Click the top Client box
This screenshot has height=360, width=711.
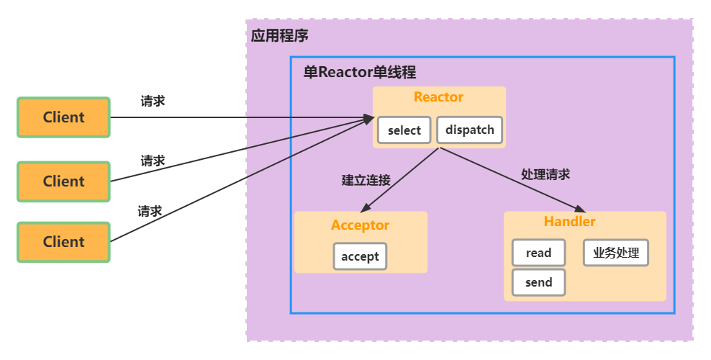tap(63, 117)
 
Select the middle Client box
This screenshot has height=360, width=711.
tap(63, 181)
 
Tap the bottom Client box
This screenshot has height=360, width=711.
tap(63, 242)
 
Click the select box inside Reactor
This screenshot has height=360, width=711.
tap(404, 130)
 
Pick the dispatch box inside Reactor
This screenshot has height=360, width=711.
tap(469, 130)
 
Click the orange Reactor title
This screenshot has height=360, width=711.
tap(438, 97)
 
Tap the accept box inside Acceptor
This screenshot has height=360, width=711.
tap(360, 256)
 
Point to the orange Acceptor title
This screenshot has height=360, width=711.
tap(360, 225)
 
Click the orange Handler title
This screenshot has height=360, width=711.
tap(569, 222)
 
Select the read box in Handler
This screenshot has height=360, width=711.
tap(538, 253)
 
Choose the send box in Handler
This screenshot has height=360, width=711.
tap(538, 282)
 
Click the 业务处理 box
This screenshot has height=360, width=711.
tap(615, 253)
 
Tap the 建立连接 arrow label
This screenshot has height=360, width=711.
tap(366, 180)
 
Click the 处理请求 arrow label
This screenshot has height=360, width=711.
tap(545, 174)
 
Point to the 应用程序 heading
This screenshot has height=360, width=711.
tap(280, 36)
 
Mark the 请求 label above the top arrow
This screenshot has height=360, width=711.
tap(153, 102)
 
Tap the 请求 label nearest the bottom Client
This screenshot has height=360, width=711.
tap(150, 212)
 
